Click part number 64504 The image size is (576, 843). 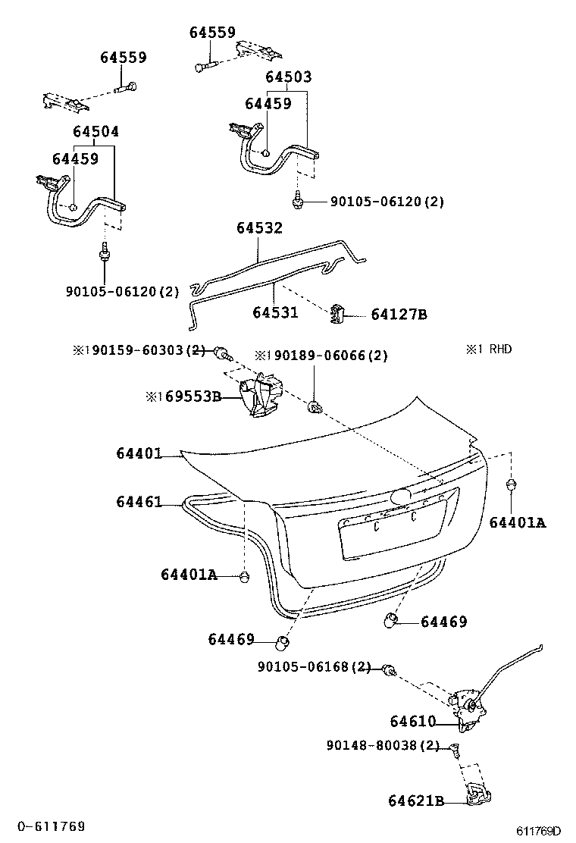[x=96, y=132]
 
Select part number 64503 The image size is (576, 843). [x=289, y=77]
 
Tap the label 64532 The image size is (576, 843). [x=259, y=228]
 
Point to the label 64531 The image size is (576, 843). [x=275, y=312]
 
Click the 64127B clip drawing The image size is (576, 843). [x=337, y=313]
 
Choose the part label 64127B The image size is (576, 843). [x=399, y=315]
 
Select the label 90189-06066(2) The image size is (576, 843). [x=321, y=356]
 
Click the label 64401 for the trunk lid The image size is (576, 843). [x=139, y=454]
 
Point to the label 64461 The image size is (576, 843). [x=139, y=502]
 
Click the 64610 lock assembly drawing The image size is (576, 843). [x=467, y=709]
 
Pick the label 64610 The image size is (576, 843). [x=412, y=722]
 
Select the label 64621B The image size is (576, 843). [x=416, y=801]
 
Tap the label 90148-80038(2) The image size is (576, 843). [x=383, y=746]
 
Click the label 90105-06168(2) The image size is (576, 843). [x=315, y=666]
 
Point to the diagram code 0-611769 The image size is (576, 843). [x=51, y=826]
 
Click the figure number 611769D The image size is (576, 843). [x=539, y=831]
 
